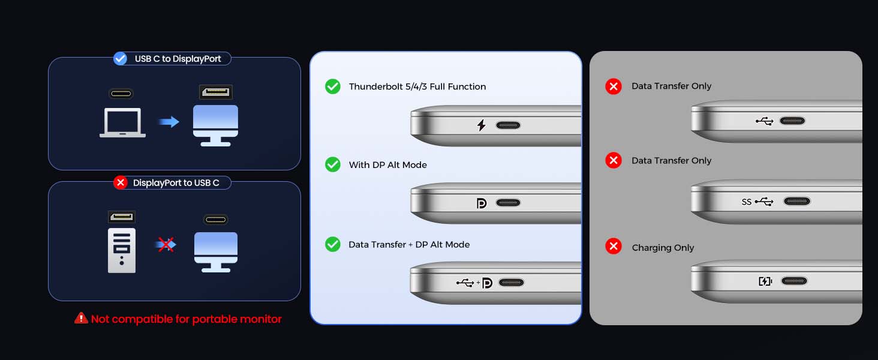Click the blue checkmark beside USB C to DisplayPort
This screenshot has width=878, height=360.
(121, 58)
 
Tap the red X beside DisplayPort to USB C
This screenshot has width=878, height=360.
(121, 182)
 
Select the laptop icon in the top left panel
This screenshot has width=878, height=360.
(122, 122)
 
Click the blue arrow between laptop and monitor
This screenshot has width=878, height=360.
(169, 122)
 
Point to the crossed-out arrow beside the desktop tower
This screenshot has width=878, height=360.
(166, 245)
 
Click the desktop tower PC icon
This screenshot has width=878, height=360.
(122, 250)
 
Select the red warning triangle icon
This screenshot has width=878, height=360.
(81, 319)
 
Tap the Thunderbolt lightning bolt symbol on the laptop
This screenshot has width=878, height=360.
(481, 125)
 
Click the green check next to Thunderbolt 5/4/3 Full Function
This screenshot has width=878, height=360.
(333, 86)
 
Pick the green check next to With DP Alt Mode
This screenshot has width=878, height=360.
(333, 164)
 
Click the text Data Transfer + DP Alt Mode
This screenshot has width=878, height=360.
(409, 245)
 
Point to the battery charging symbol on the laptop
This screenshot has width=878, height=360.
(765, 281)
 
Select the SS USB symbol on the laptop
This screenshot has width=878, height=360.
(757, 202)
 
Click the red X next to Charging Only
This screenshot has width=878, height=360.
(614, 247)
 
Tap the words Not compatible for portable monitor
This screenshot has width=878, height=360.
(186, 319)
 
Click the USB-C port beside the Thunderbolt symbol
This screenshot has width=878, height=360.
(509, 125)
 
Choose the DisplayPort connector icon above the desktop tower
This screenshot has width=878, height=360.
(122, 217)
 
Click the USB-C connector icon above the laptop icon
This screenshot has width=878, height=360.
(121, 94)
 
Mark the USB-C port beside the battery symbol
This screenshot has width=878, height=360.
(793, 281)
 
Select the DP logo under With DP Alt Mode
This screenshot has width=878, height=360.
(482, 203)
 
